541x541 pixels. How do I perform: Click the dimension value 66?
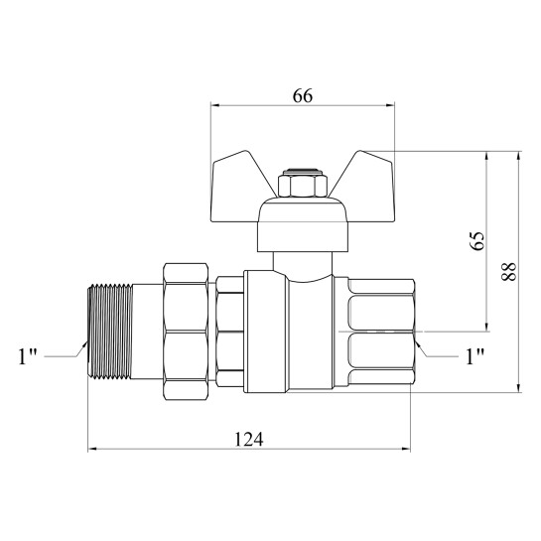tap(303, 95)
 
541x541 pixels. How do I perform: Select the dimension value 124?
tap(249, 439)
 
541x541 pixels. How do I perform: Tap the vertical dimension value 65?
tap(477, 241)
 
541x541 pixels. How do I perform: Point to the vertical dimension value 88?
tap(509, 272)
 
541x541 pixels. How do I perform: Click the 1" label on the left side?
tap(28, 356)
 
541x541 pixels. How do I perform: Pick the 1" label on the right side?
tap(475, 356)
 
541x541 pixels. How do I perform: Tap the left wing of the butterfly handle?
tap(238, 187)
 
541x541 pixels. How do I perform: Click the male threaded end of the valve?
tap(110, 332)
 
